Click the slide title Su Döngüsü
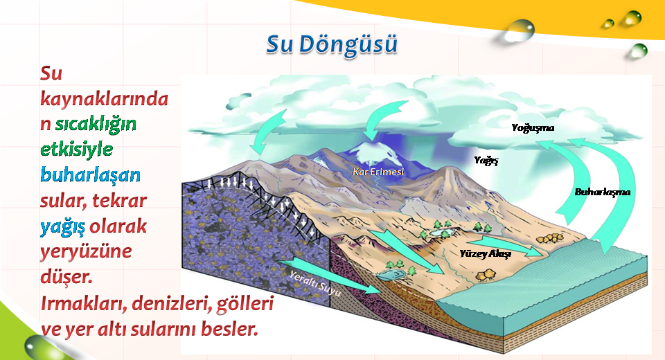332,44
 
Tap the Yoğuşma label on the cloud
533,127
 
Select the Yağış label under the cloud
486,161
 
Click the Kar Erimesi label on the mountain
378,172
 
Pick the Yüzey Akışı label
485,253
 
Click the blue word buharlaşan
90,174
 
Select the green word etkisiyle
77,150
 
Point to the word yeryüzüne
86,251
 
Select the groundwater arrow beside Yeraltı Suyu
328,275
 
